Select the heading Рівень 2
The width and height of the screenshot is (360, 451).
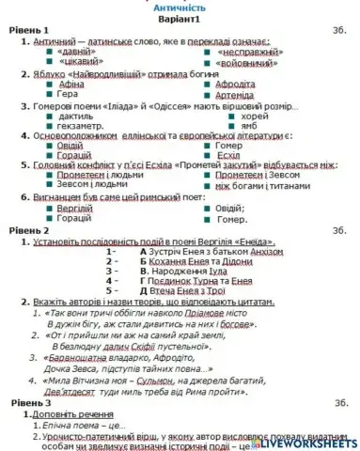(27, 230)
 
